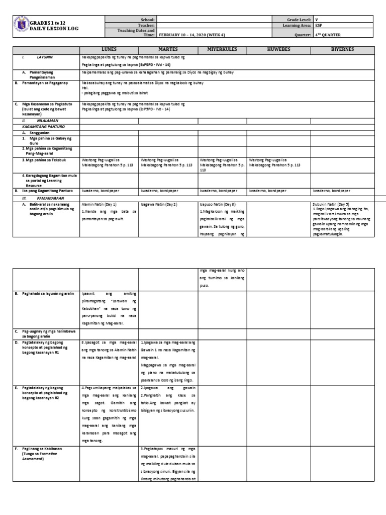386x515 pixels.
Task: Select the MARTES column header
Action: [168, 51]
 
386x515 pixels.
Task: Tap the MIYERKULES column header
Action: [222, 51]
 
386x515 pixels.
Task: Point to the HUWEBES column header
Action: [278, 51]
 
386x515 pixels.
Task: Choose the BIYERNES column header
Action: [342, 51]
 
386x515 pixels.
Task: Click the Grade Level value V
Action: [317, 19]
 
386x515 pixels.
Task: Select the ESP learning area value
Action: [319, 25]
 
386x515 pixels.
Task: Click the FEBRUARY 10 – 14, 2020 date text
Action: [193, 35]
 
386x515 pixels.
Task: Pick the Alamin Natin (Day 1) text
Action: [100, 205]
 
